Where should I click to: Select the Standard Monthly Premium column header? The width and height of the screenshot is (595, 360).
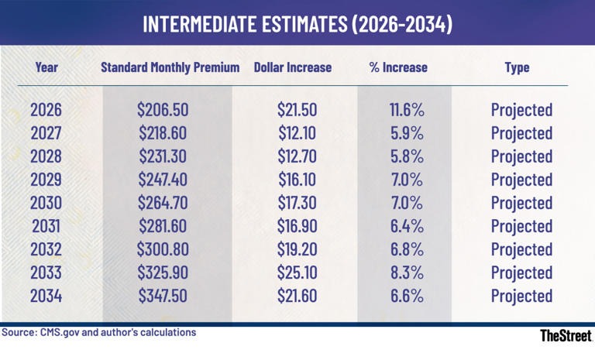pyautogui.click(x=170, y=67)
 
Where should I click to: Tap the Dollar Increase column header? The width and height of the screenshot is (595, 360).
pyautogui.click(x=293, y=67)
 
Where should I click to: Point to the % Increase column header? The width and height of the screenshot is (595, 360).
pyautogui.click(x=399, y=67)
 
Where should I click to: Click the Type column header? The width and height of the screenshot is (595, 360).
pyautogui.click(x=517, y=67)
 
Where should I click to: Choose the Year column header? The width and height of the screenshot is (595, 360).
pyautogui.click(x=46, y=67)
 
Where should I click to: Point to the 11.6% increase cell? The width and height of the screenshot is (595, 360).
pyautogui.click(x=407, y=109)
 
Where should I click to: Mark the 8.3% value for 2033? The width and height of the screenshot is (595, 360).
pyautogui.click(x=407, y=273)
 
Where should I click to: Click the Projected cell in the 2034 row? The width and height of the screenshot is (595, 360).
pyautogui.click(x=521, y=296)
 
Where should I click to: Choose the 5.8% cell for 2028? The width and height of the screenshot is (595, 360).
pyautogui.click(x=407, y=156)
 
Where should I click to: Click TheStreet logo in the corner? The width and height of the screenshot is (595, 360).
pyautogui.click(x=566, y=336)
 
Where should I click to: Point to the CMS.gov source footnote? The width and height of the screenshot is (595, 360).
pyautogui.click(x=98, y=333)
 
